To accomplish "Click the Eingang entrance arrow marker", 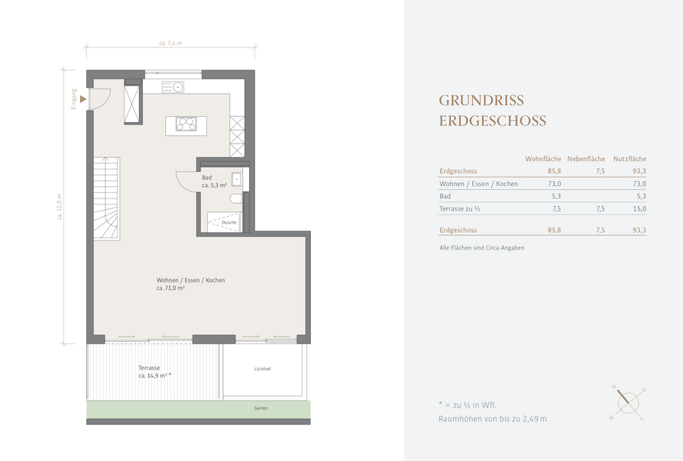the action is point(83,100).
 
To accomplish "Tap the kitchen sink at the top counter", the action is point(173,87).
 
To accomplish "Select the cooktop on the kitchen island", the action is point(186,124).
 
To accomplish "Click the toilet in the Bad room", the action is point(236,198).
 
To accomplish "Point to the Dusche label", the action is point(229,222).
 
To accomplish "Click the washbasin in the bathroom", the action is point(237,179).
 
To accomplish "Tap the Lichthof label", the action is point(262,369).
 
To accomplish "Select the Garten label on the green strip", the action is point(261,408).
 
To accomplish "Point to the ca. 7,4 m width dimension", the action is point(171,43).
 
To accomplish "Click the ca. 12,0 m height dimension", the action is point(60,207).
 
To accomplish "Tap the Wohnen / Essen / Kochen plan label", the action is point(191,280).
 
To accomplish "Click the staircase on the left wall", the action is point(106,198).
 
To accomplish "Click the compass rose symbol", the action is point(627,403).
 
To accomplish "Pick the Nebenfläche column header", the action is point(586,159).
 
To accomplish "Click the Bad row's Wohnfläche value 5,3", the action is point(556,196).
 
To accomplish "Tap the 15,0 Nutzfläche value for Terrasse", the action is point(639,209).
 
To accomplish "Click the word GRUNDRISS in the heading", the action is point(481,101).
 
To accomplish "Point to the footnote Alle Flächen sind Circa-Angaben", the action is point(482,248).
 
